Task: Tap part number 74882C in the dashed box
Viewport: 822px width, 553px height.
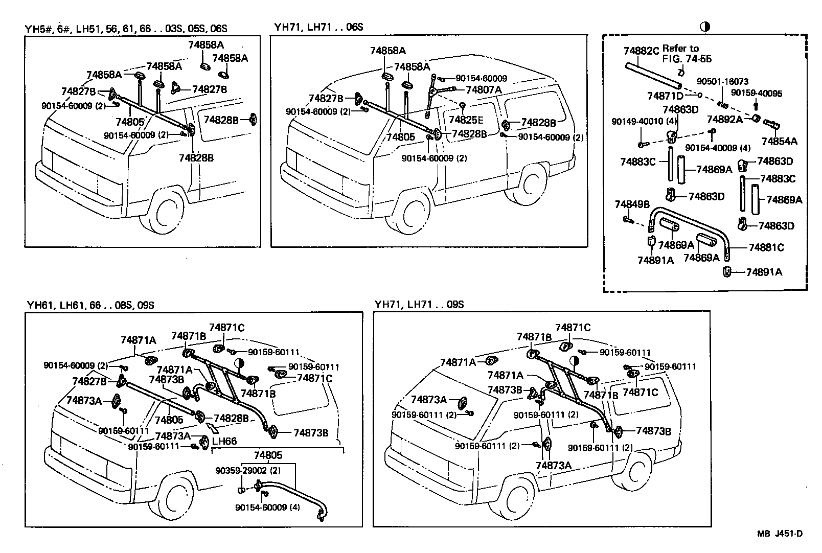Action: (x=641, y=51)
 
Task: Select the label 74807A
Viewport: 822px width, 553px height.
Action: (x=484, y=89)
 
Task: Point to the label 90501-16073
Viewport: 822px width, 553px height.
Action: (x=723, y=82)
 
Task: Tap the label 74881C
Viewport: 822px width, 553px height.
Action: (x=766, y=247)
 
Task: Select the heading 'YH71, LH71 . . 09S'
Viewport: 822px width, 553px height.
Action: (x=418, y=305)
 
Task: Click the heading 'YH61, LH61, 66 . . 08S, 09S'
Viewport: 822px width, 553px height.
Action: (x=90, y=305)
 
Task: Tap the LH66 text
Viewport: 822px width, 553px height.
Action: (x=224, y=441)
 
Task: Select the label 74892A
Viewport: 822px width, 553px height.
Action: (x=724, y=119)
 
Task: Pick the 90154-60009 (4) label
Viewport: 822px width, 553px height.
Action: (x=268, y=508)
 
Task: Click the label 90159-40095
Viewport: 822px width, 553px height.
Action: (x=756, y=94)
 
